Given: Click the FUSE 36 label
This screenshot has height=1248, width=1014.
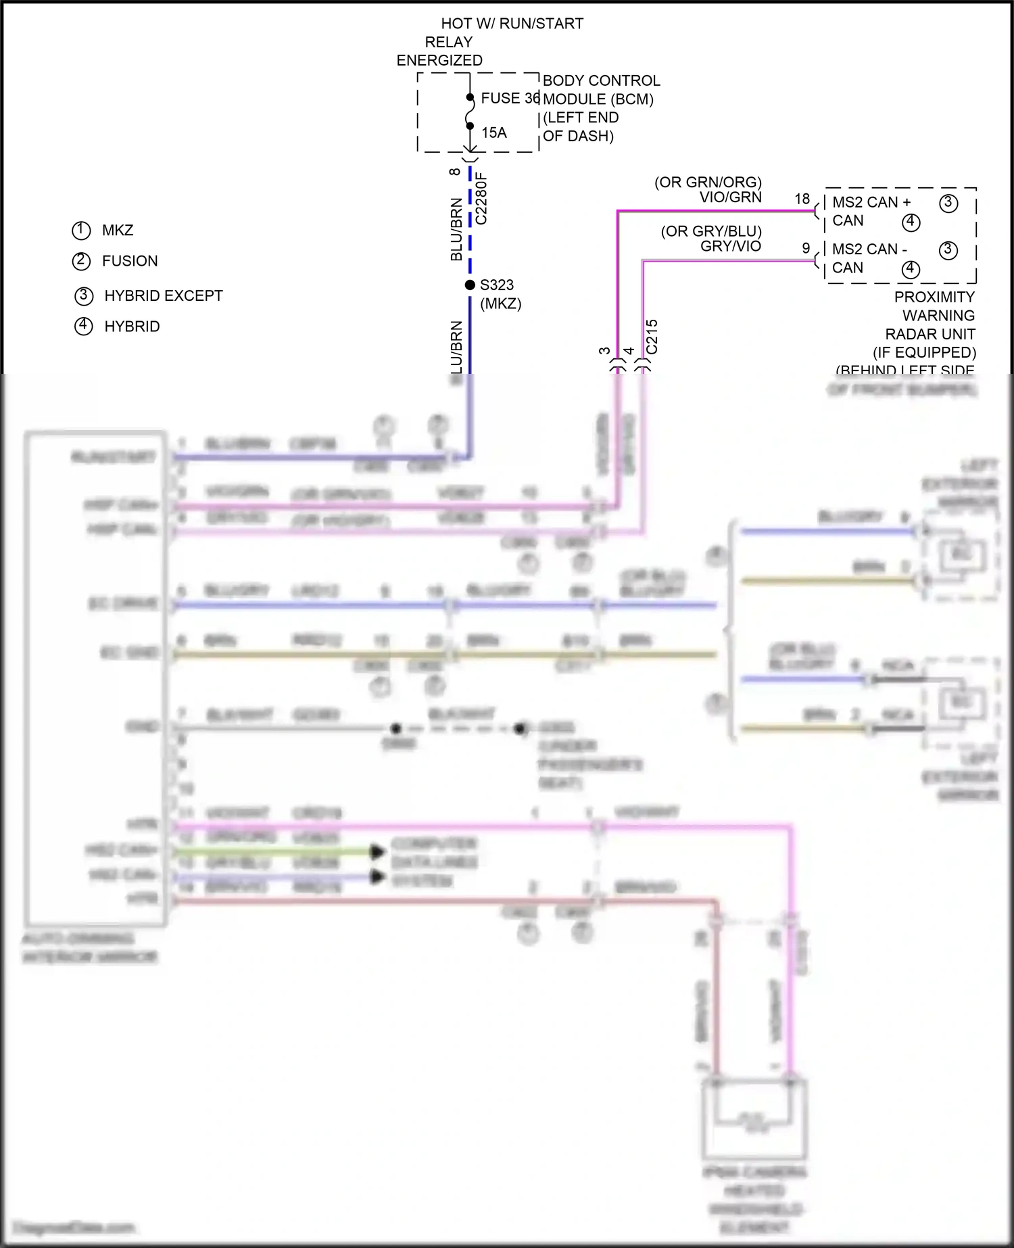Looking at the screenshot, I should pyautogui.click(x=510, y=99).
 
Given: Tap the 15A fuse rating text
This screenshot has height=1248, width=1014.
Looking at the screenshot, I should pyautogui.click(x=494, y=133).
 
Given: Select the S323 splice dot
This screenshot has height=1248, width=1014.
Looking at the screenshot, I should pyautogui.click(x=470, y=285).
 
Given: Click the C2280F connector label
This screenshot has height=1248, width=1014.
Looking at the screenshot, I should pyautogui.click(x=481, y=198).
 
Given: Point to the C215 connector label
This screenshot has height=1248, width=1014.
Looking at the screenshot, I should pyautogui.click(x=652, y=337).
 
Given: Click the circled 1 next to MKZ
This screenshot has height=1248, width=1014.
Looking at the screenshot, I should pyautogui.click(x=81, y=231).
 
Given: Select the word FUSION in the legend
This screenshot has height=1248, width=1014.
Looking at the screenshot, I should pyautogui.click(x=130, y=261).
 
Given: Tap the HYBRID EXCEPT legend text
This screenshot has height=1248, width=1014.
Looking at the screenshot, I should pyautogui.click(x=164, y=296).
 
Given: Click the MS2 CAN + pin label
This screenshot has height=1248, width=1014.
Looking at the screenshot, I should pyautogui.click(x=871, y=202).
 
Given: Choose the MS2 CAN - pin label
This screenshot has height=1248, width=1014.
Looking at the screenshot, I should pyautogui.click(x=869, y=249).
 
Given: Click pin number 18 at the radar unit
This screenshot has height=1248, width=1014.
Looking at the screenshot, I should pyautogui.click(x=802, y=199).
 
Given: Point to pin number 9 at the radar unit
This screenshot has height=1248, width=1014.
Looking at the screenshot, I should pyautogui.click(x=806, y=248).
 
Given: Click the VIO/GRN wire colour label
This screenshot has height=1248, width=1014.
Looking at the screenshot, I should pyautogui.click(x=730, y=197).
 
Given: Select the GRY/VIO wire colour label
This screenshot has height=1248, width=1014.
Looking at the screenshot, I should pyautogui.click(x=730, y=247).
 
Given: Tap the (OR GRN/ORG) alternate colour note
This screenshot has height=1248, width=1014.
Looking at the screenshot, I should pyautogui.click(x=708, y=183).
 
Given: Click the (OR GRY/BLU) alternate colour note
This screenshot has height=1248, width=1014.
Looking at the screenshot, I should pyautogui.click(x=711, y=232).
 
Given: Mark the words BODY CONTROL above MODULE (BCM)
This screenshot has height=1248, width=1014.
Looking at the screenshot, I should pyautogui.click(x=601, y=81).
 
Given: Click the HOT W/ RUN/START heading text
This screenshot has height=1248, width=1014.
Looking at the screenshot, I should pyautogui.click(x=512, y=24).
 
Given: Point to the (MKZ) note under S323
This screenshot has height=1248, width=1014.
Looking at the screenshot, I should pyautogui.click(x=500, y=304).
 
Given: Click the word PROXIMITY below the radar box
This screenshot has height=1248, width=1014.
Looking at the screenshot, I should pyautogui.click(x=934, y=297).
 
